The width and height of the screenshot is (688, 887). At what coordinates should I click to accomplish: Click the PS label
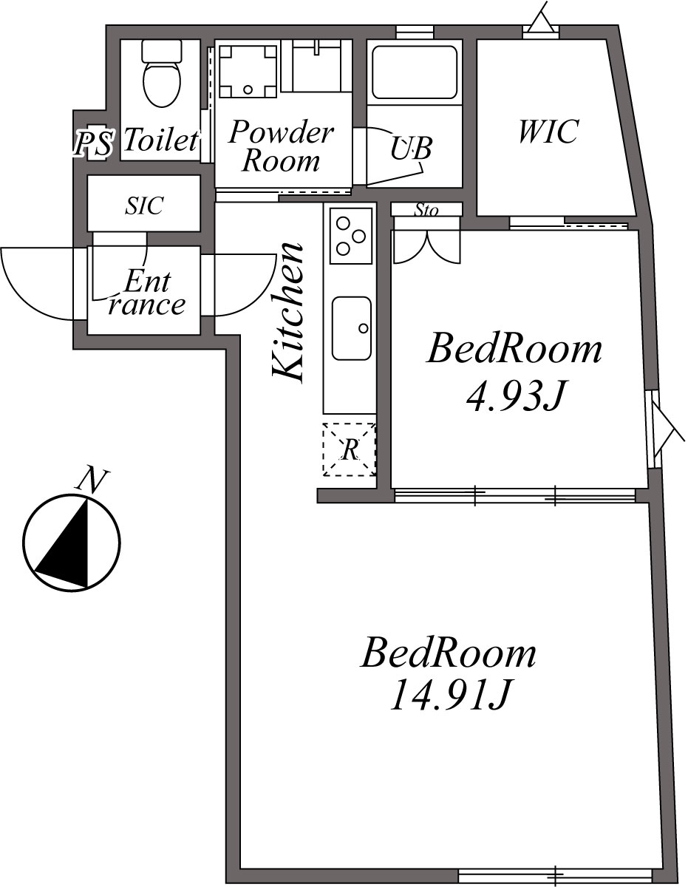pyautogui.click(x=93, y=143)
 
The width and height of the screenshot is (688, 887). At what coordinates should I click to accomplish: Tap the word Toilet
pyautogui.click(x=161, y=140)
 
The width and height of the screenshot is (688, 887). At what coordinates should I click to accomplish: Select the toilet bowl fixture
pyautogui.click(x=161, y=82)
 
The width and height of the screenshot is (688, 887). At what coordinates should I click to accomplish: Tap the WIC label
pyautogui.click(x=547, y=132)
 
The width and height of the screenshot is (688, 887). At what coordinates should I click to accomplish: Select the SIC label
pyautogui.click(x=143, y=205)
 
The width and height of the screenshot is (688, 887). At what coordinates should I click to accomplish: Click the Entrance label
pyautogui.click(x=146, y=293)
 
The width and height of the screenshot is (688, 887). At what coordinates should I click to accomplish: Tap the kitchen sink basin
pyautogui.click(x=351, y=327)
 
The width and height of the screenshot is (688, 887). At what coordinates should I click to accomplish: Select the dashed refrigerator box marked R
pyautogui.click(x=349, y=449)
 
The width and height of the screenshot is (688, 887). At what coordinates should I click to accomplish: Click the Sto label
pyautogui.click(x=426, y=211)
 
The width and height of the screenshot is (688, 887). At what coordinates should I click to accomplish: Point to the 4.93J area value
pyautogui.click(x=515, y=398)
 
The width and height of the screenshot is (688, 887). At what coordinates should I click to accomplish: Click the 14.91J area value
pyautogui.click(x=450, y=695)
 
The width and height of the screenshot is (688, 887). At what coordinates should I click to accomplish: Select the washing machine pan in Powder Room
pyautogui.click(x=248, y=71)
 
